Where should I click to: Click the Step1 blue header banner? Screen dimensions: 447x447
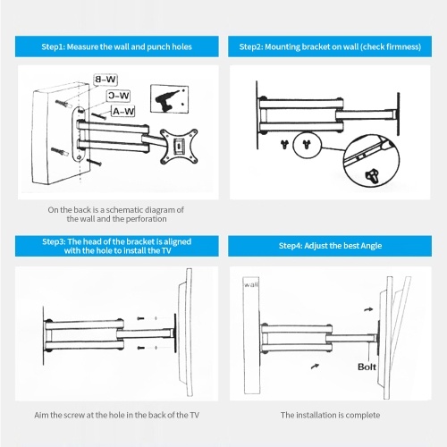coord(117,46)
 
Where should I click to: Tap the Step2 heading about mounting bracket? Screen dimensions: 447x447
coord(330,46)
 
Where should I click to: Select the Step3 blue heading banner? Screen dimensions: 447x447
coord(117,246)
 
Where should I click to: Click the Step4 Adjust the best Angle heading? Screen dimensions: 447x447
coord(330,246)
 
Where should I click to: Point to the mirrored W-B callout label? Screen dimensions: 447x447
coord(105,80)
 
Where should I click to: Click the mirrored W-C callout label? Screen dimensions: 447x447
coord(118,96)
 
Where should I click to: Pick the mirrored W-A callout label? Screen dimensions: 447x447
coord(123,112)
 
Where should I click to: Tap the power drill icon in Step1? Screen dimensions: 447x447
coord(169,99)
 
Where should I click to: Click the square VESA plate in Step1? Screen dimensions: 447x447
coord(179,146)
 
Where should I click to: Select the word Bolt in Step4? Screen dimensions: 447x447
coord(367,367)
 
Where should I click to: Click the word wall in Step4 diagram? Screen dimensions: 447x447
coord(251,284)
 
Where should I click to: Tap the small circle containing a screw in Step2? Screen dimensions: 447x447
coord(307,145)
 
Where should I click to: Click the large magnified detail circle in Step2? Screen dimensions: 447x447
coord(372,160)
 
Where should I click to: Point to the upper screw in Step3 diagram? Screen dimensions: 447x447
coord(140,318)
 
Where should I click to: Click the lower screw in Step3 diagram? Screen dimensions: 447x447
coord(140,348)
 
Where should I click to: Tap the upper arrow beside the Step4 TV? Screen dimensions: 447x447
coord(368,309)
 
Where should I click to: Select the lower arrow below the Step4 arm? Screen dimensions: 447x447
coord(315,366)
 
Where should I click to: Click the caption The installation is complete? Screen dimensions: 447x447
coord(330,415)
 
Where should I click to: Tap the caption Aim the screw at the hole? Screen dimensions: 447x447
coord(117,415)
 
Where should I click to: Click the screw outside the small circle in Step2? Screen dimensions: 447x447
coord(285,145)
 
